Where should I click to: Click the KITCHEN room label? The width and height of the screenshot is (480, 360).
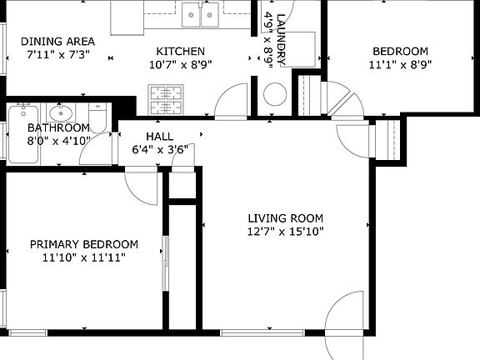tap(181, 51)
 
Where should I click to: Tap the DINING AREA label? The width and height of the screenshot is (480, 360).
tap(57, 42)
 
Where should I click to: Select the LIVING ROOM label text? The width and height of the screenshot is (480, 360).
tap(285, 218)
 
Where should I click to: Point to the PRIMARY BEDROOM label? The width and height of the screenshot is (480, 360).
tap(84, 244)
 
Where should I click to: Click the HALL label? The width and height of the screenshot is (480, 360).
tap(159, 136)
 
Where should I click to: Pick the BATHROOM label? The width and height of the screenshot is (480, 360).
tap(58, 127)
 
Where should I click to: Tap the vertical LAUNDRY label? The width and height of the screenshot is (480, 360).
tap(281, 39)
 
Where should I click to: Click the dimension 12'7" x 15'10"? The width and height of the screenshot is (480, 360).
tap(285, 232)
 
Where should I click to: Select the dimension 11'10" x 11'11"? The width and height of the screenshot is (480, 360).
tap(84, 257)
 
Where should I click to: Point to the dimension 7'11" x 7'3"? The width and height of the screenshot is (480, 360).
tap(58, 54)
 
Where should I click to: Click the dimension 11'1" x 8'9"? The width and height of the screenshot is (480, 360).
tap(400, 65)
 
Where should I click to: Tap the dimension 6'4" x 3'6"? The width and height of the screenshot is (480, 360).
tap(160, 150)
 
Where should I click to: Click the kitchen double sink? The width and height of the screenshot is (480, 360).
tap(201, 15)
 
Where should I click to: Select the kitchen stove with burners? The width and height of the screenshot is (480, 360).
tap(166, 100)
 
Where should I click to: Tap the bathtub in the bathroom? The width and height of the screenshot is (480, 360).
tap(23, 134)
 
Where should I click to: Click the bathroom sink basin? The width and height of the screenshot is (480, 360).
tap(61, 112)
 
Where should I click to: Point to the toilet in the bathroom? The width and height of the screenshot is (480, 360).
tap(97, 117)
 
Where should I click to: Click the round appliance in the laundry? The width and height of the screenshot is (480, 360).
tap(275, 94)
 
